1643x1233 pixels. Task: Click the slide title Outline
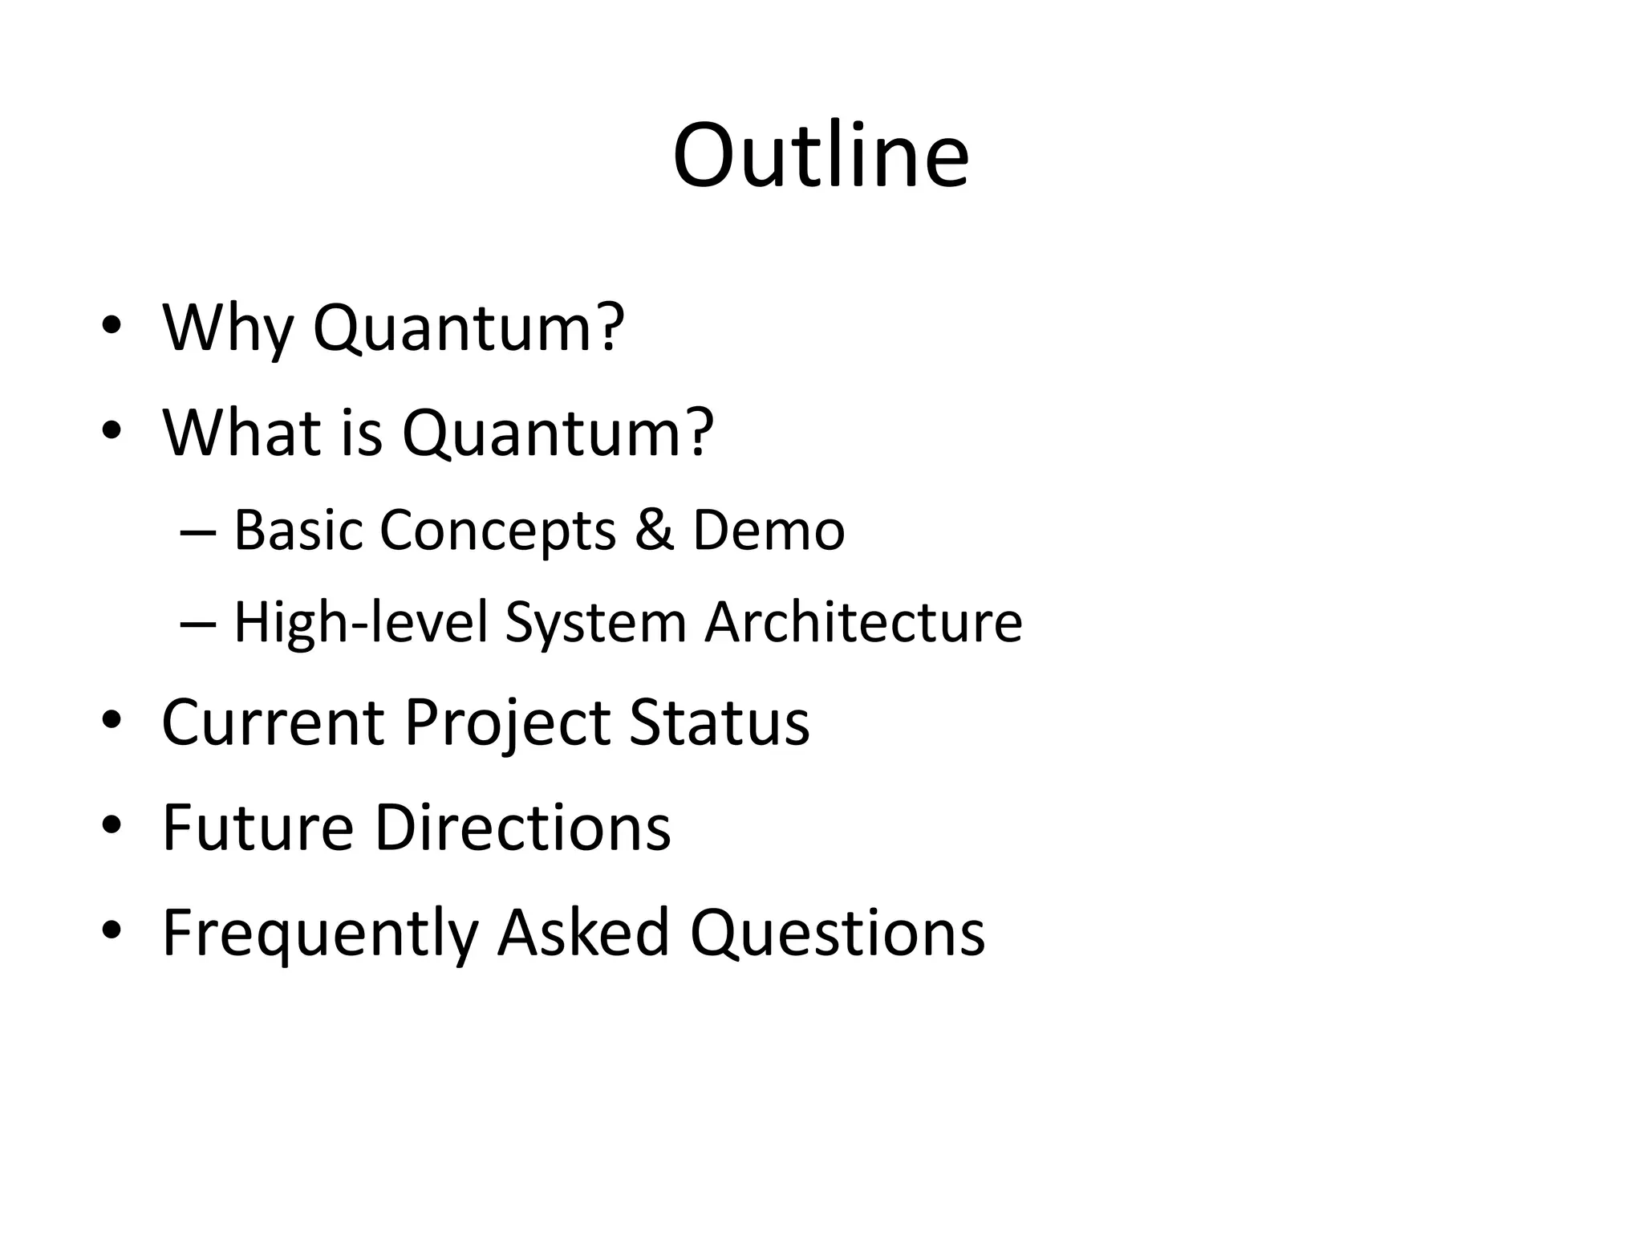pos(821,156)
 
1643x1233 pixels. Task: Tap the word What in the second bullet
pos(242,433)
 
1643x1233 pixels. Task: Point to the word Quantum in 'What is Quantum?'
pos(557,433)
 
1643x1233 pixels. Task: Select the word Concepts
pos(497,531)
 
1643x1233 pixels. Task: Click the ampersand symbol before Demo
pos(654,531)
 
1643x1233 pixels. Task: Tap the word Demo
pos(768,531)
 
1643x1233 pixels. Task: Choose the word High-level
pos(360,622)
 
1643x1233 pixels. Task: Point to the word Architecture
pos(863,622)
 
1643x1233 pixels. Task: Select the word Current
pos(273,722)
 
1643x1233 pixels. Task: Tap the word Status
pos(719,722)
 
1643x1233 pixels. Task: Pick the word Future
pos(258,827)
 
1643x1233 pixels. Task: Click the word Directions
pos(522,827)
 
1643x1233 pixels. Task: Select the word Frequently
pos(320,932)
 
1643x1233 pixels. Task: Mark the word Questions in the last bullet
pos(838,932)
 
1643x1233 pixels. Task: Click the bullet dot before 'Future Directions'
pos(112,825)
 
